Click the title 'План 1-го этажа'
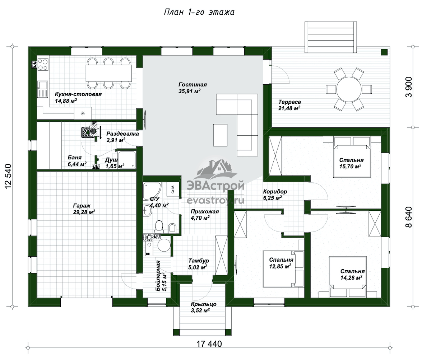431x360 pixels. [x=199, y=12]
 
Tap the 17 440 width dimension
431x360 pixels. [x=209, y=344]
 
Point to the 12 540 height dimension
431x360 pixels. [x=9, y=176]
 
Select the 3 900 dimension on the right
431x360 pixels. [x=408, y=87]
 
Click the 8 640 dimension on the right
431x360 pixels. [x=408, y=217]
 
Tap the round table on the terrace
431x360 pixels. [x=349, y=89]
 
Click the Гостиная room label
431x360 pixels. [x=193, y=85]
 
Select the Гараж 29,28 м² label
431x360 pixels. [x=84, y=209]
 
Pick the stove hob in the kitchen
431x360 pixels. [x=43, y=64]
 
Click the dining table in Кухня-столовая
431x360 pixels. [x=109, y=73]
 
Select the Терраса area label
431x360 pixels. [x=289, y=105]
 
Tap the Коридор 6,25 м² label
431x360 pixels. [x=275, y=195]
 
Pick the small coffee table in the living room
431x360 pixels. [x=220, y=135]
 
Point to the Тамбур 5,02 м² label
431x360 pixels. [x=198, y=264]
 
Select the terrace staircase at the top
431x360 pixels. [x=331, y=37]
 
